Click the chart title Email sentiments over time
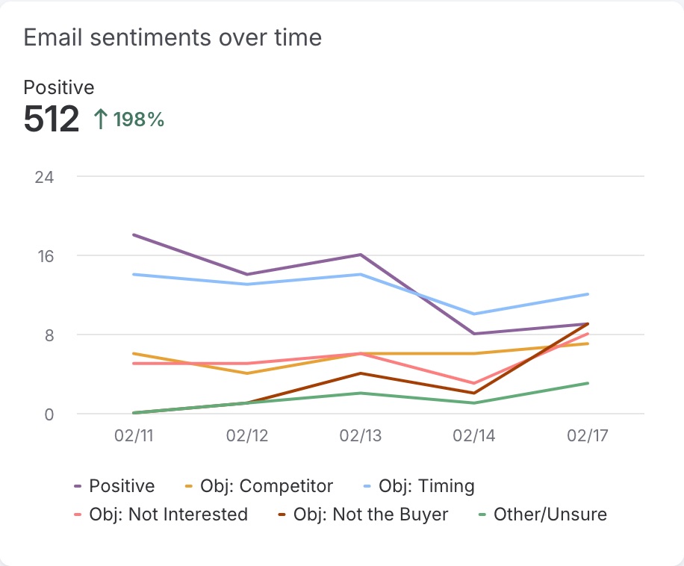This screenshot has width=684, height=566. point(172,37)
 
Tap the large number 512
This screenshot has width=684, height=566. point(52,119)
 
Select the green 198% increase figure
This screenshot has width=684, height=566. point(139,119)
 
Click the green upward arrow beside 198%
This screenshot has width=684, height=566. point(101,119)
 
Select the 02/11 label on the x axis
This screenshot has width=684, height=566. point(133,436)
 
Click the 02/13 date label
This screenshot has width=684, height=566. point(361,436)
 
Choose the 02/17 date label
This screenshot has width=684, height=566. point(588,436)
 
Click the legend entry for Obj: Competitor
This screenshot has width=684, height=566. point(266,486)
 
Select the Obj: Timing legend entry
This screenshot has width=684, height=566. point(426,486)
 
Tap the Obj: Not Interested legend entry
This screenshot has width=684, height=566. point(168,514)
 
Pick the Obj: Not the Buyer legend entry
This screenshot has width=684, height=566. point(370,514)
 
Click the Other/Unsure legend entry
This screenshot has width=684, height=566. point(550,514)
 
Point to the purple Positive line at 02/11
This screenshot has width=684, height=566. point(133,235)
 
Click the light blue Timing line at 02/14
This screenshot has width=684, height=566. point(475,314)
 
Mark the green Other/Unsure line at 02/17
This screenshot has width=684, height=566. point(588,383)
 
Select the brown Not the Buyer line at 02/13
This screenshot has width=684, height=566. point(361,373)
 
